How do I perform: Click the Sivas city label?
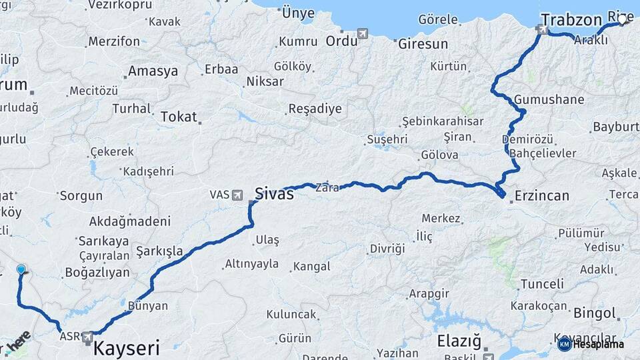[x=274, y=194]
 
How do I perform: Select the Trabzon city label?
[x=571, y=19]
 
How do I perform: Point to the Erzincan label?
[x=542, y=196]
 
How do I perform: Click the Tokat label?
[x=179, y=117]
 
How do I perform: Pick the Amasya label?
[x=153, y=71]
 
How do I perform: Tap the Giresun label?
[x=422, y=45]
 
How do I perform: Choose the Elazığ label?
[x=459, y=342]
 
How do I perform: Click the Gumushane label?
[x=549, y=100]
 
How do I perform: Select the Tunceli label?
[x=542, y=284]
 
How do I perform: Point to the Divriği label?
[x=387, y=249]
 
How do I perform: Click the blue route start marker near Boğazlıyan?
[x=21, y=270]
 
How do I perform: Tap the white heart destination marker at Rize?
[x=622, y=20]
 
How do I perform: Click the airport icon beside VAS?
[x=237, y=195]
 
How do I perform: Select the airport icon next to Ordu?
[x=363, y=33]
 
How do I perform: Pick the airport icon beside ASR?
[x=87, y=339]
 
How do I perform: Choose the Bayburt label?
[x=616, y=127]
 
